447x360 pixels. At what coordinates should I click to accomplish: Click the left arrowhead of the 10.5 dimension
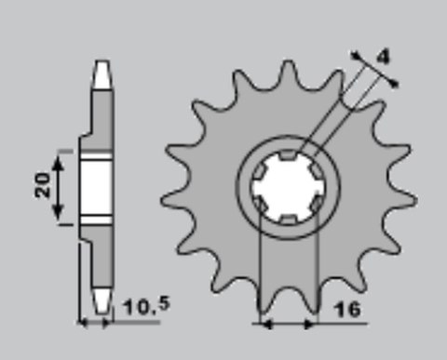coord(81,324)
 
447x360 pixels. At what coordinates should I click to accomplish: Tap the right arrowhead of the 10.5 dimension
coord(109,324)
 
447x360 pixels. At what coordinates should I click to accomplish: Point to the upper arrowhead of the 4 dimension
coord(358,54)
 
